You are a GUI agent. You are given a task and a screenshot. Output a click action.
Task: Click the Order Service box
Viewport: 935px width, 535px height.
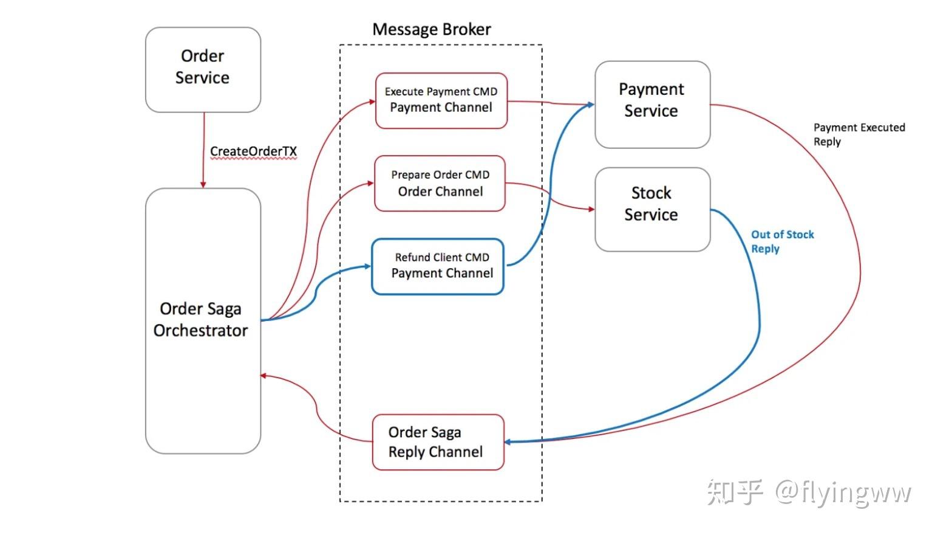[x=203, y=70]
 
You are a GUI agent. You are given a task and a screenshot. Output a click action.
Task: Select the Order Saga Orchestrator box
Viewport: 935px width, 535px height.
[x=203, y=321]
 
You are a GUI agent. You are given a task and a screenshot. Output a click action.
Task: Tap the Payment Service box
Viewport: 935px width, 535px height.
[x=653, y=105]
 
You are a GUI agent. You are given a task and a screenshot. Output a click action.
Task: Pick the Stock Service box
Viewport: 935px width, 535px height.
[x=653, y=209]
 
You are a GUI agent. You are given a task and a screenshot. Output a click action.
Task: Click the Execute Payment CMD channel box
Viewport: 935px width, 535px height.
[x=441, y=101]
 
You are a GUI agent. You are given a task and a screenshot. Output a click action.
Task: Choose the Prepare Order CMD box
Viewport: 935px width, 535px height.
[x=440, y=184]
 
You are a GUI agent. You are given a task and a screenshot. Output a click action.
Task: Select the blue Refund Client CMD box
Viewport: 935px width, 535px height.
[x=438, y=267]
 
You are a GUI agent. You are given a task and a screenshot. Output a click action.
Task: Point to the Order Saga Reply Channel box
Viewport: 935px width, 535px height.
[x=438, y=442]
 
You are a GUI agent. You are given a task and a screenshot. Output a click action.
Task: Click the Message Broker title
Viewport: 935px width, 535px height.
[x=432, y=29]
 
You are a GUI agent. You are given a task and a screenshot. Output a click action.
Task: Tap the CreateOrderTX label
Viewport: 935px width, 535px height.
[x=253, y=151]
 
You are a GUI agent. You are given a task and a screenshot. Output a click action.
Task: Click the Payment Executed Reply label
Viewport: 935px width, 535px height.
[x=859, y=134]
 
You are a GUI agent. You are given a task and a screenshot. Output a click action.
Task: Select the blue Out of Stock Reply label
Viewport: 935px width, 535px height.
[x=783, y=241]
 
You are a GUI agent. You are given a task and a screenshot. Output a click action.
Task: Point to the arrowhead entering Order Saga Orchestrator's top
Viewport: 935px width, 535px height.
[x=203, y=185]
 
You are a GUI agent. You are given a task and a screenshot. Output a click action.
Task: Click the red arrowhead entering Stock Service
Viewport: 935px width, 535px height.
[x=591, y=209]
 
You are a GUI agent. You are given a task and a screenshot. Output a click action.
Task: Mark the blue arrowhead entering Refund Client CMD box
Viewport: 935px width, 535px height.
[x=367, y=266]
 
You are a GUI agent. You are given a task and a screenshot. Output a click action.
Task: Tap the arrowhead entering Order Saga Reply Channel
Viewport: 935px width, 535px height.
[x=508, y=442]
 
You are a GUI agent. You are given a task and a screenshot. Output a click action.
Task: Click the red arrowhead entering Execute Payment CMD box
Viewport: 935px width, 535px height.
[x=372, y=101]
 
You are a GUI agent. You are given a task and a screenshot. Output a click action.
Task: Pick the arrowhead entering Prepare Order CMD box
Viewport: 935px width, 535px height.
[x=370, y=183]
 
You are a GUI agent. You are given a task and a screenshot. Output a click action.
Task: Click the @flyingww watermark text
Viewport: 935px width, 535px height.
[x=843, y=492]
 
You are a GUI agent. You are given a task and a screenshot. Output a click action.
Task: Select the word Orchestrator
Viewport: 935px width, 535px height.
[x=201, y=331]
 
